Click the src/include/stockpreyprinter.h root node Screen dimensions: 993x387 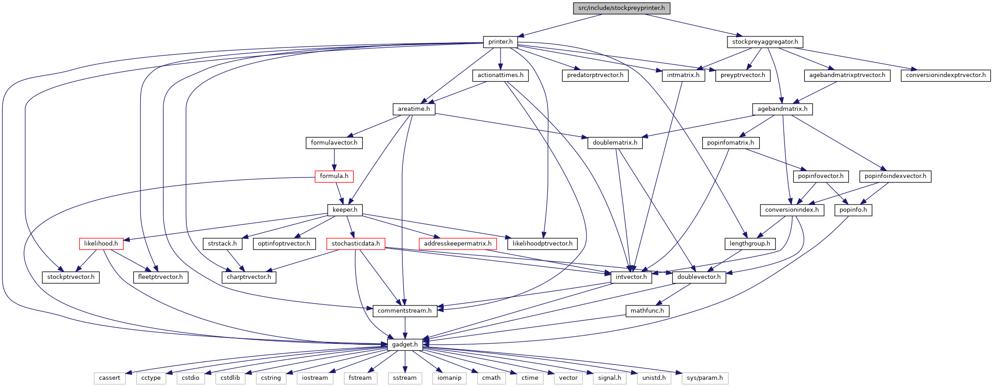(622, 8)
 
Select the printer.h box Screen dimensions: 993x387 (501, 42)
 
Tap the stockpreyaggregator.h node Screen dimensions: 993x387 (765, 42)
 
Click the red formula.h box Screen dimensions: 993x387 (334, 176)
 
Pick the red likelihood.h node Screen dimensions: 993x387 (101, 244)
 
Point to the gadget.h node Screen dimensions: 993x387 (405, 345)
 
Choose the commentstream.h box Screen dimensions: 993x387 (405, 311)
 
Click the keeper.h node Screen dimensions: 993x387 (345, 210)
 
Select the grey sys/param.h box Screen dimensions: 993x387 (705, 378)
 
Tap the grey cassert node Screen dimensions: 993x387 (109, 378)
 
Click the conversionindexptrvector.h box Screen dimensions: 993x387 (946, 75)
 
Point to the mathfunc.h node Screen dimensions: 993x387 (647, 311)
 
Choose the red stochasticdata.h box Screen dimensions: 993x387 (356, 244)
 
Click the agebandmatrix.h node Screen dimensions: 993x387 (782, 109)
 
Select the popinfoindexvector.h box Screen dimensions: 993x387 (895, 176)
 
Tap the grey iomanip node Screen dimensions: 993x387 (449, 378)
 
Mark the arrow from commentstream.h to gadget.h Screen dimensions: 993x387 (405, 328)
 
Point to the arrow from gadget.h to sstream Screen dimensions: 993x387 (405, 361)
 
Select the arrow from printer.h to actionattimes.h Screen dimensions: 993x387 (501, 59)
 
